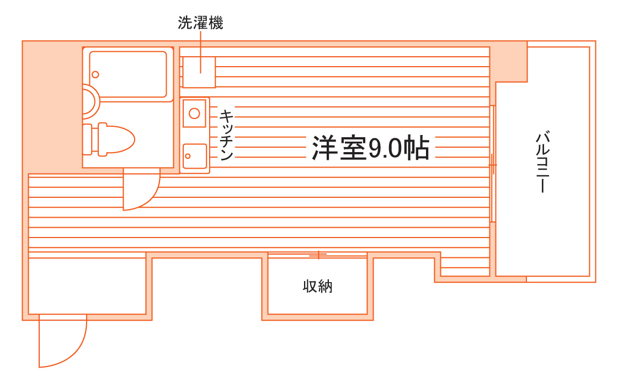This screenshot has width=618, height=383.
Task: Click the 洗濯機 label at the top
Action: click(x=200, y=23)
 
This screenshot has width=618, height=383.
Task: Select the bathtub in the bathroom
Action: click(x=128, y=74)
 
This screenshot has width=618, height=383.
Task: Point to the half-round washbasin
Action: click(x=90, y=101)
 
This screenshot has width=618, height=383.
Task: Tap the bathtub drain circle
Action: click(x=95, y=74)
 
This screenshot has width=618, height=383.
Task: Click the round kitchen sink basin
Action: click(x=194, y=114)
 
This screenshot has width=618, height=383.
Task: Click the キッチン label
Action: click(x=226, y=135)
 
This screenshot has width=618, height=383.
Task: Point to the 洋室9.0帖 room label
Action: click(x=371, y=148)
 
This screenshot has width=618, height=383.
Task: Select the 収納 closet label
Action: click(x=318, y=287)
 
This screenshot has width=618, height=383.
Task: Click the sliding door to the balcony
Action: click(x=493, y=164)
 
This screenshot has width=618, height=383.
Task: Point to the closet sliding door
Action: click(x=318, y=255)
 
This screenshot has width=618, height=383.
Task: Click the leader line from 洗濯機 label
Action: click(x=200, y=47)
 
